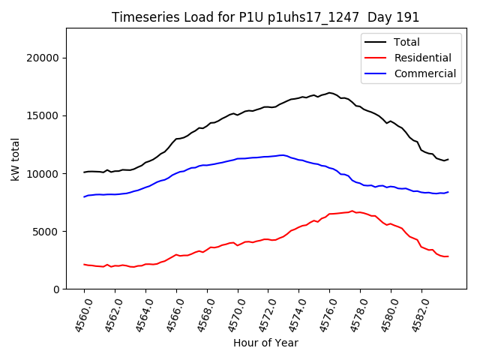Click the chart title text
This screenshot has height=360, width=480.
pyautogui.click(x=265, y=17)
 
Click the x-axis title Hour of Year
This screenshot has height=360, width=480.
pyautogui.click(x=265, y=343)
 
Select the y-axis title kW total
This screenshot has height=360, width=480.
pyautogui.click(x=15, y=159)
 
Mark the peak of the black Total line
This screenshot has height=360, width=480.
pyautogui.click(x=329, y=93)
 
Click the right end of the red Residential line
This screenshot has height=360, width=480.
pyautogui.click(x=448, y=256)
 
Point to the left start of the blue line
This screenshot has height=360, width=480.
pyautogui.click(x=84, y=196)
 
